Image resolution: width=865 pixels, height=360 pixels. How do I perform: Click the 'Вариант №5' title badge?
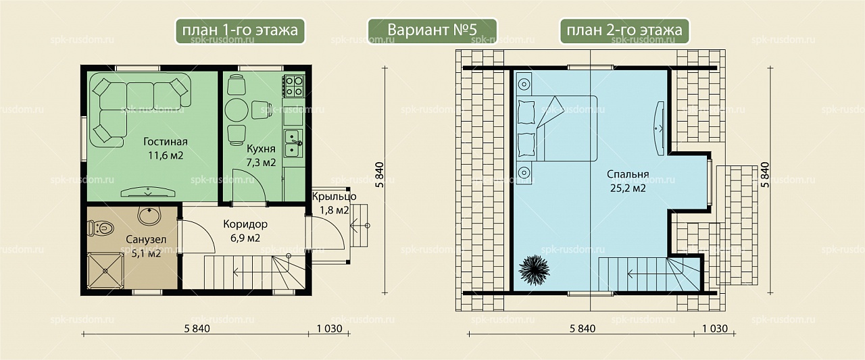pyautogui.click(x=432, y=30)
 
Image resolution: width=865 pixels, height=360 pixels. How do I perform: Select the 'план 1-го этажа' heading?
pyautogui.click(x=240, y=30)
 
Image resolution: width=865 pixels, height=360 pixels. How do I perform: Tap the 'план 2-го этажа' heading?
pyautogui.click(x=624, y=30)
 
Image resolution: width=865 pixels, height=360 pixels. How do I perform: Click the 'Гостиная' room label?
pyautogui.click(x=166, y=142)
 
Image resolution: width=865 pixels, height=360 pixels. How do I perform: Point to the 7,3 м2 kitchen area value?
pyautogui.click(x=261, y=163)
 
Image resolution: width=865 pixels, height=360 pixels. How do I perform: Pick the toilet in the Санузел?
pyautogui.click(x=101, y=228)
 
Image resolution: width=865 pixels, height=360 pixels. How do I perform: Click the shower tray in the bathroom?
pyautogui.click(x=105, y=270)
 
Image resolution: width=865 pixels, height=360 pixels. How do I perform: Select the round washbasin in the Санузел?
pyautogui.click(x=149, y=216)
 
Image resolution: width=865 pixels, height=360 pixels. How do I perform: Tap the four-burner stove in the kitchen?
pyautogui.click(x=293, y=86)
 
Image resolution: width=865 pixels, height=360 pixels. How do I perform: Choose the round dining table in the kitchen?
pyautogui.click(x=237, y=110)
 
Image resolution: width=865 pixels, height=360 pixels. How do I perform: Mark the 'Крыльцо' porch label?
pyautogui.click(x=334, y=197)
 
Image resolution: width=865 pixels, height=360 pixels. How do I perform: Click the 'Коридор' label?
pyautogui.click(x=245, y=224)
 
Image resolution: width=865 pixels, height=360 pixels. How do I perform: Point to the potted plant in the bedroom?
pyautogui.click(x=534, y=269)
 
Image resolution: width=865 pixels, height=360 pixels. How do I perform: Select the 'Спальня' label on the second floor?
pyautogui.click(x=628, y=174)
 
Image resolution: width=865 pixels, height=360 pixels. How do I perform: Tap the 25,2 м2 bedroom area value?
pyautogui.click(x=628, y=188)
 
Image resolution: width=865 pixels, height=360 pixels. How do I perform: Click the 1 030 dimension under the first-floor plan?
pyautogui.click(x=329, y=329)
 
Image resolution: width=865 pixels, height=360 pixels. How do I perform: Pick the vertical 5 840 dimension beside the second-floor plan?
pyautogui.click(x=764, y=175)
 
